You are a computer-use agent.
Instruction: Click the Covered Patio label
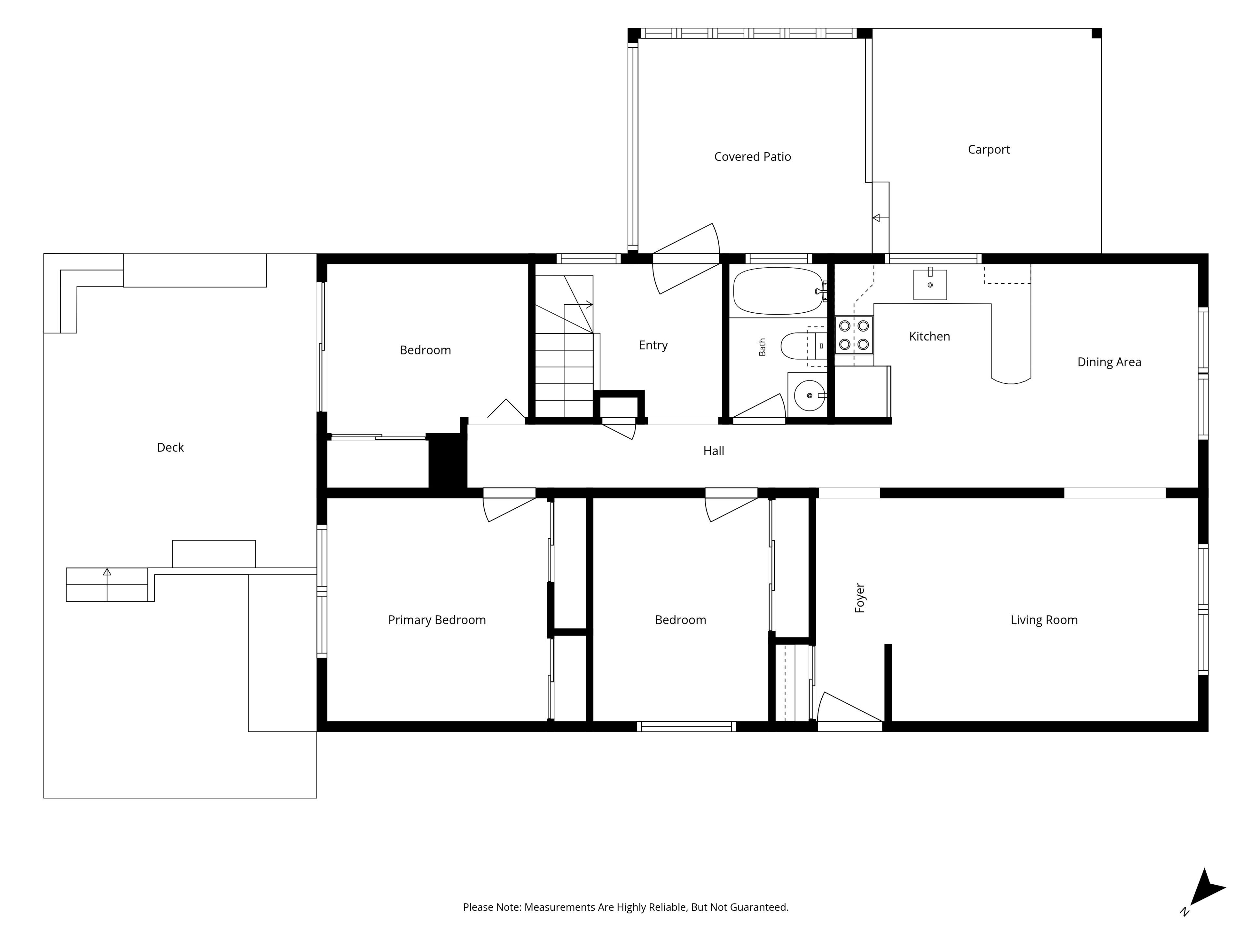pos(752,157)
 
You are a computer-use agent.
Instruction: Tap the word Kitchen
pos(929,336)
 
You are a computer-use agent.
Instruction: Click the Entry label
pos(653,345)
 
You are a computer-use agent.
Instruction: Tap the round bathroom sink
pos(809,395)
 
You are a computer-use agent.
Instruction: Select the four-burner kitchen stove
pos(854,335)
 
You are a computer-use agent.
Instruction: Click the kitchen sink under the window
pos(930,284)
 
